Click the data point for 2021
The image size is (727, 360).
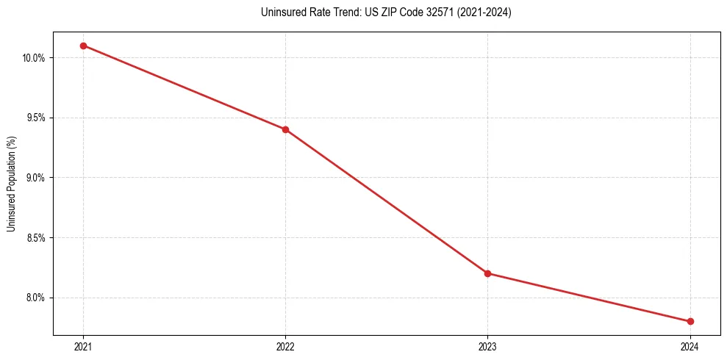click(83, 46)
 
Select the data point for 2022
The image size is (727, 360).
click(285, 129)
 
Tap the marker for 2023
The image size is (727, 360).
click(487, 273)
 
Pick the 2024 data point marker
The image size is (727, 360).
click(690, 321)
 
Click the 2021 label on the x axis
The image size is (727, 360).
click(83, 346)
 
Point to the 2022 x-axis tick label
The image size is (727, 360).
click(285, 346)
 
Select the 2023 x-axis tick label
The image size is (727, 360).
click(487, 346)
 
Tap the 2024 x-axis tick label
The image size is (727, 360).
click(690, 346)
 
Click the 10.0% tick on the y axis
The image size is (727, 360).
click(35, 58)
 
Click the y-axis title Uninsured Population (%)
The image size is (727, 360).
click(11, 183)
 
